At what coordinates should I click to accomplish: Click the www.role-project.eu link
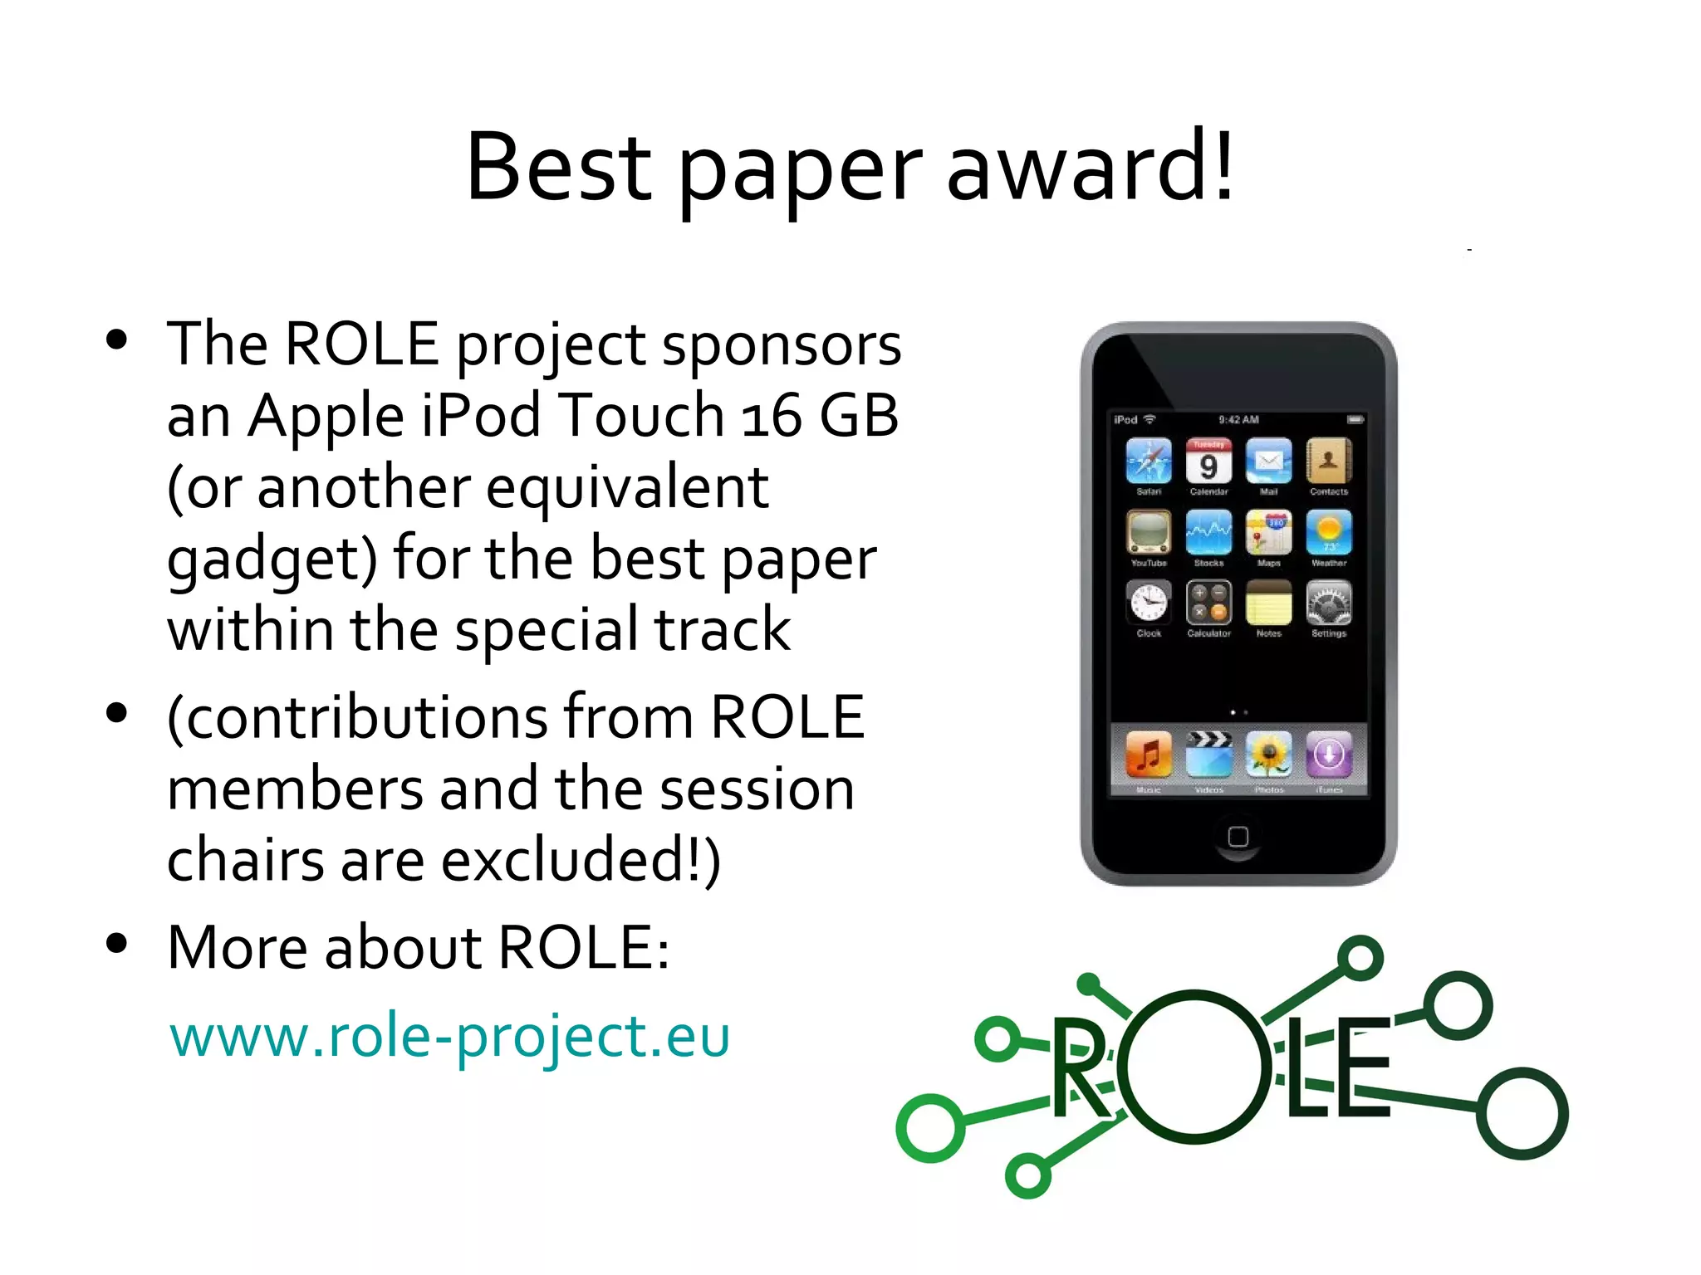point(449,1037)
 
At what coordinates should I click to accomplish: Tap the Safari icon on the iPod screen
point(1149,462)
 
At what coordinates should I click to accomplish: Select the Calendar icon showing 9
point(1208,462)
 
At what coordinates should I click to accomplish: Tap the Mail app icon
point(1268,462)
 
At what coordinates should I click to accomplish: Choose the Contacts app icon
point(1329,462)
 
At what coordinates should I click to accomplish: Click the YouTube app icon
point(1149,533)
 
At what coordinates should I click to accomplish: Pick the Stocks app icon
point(1208,533)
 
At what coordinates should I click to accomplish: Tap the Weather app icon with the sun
point(1329,533)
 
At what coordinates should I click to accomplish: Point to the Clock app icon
point(1149,603)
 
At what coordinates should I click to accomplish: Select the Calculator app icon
point(1208,603)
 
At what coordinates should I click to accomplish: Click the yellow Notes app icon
point(1268,603)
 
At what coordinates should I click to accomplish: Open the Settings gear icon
point(1329,603)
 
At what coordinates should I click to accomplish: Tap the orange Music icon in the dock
point(1149,755)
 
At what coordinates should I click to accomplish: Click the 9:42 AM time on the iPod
point(1238,420)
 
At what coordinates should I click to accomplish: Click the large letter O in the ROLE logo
point(1194,1067)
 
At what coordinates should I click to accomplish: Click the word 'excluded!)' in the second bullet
point(581,860)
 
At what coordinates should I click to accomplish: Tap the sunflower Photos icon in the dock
point(1268,755)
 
